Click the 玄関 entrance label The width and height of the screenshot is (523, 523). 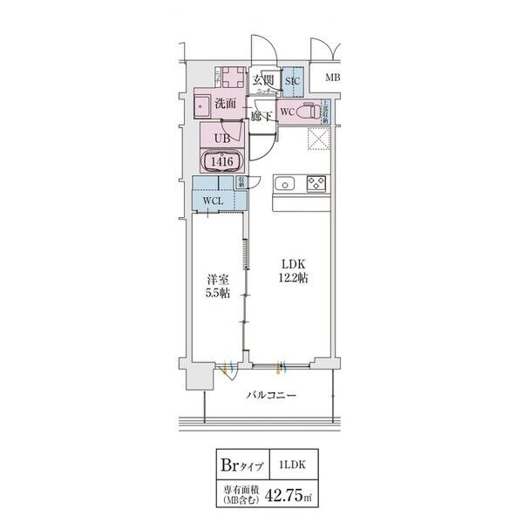[264, 81]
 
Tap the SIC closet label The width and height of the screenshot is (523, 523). [293, 82]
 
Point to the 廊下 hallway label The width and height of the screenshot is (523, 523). [261, 115]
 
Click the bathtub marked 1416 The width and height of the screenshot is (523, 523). [221, 161]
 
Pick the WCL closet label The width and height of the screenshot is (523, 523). [213, 201]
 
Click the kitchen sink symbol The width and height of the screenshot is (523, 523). [285, 185]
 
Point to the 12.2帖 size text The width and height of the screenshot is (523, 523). [293, 279]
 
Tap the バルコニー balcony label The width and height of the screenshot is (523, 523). [270, 395]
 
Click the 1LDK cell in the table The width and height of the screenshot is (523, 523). [290, 464]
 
